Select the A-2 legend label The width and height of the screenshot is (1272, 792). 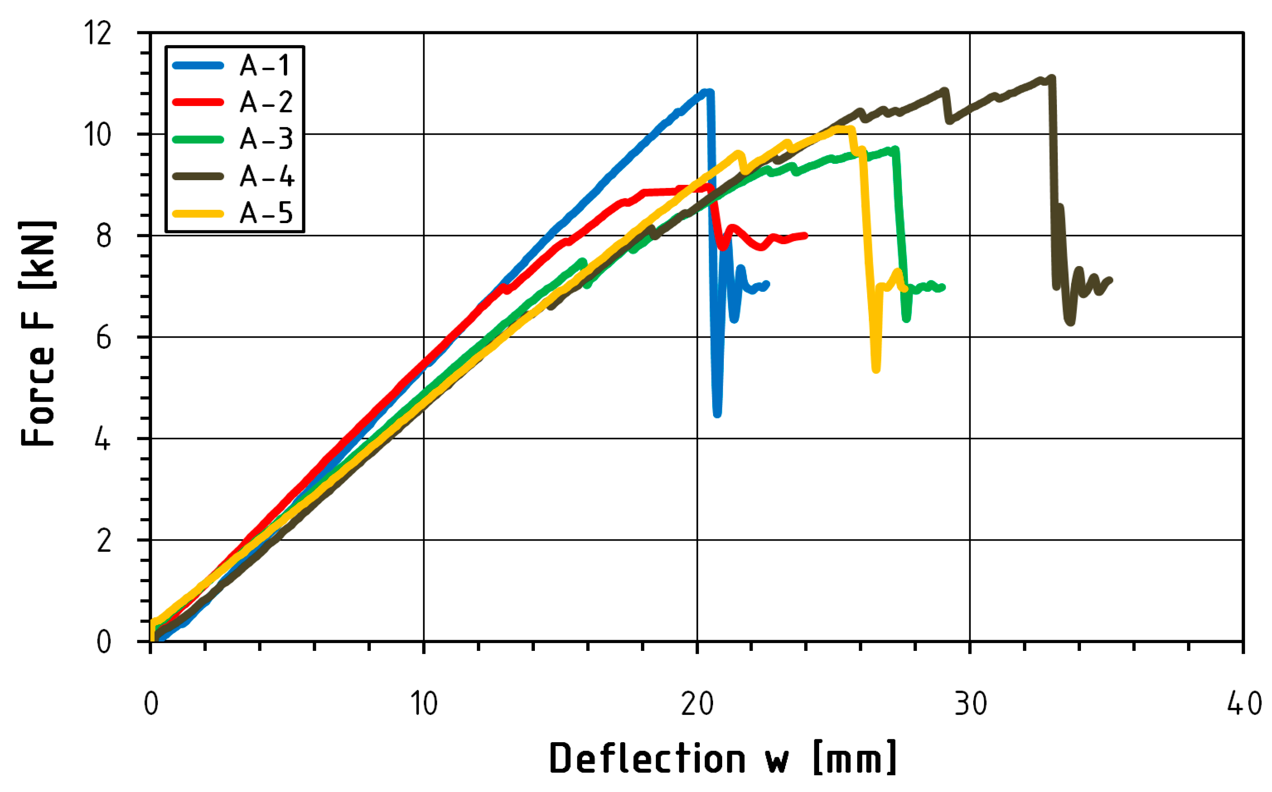tap(266, 102)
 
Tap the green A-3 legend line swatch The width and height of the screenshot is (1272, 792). tap(198, 139)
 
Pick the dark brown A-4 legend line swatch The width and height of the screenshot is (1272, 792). tap(198, 176)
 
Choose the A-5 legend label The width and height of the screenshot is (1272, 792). tap(266, 213)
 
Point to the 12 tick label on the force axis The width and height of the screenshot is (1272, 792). tap(98, 33)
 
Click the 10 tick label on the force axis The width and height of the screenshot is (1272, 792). tap(98, 135)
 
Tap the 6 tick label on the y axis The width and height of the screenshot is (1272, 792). tap(104, 337)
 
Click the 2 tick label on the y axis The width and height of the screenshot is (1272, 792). tap(104, 541)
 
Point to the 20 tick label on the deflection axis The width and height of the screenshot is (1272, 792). tap(697, 704)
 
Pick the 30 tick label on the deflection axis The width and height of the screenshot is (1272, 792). tap(970, 704)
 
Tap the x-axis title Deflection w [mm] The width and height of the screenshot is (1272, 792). tap(723, 758)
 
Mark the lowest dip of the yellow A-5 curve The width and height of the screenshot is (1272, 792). tap(876, 370)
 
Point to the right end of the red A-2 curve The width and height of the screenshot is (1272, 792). tap(805, 236)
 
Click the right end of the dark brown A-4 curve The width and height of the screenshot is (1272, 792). tap(1110, 280)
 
